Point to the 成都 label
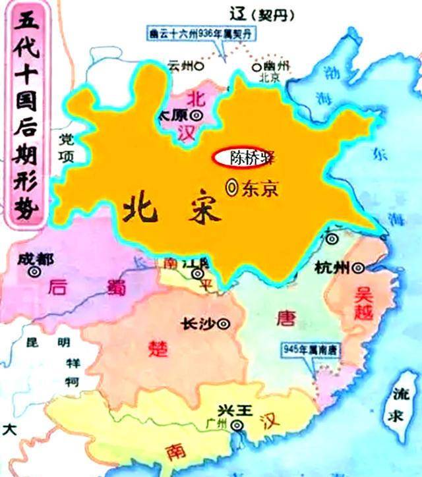36,259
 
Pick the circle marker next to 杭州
358,268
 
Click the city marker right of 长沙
223,323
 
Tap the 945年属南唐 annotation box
309,349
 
